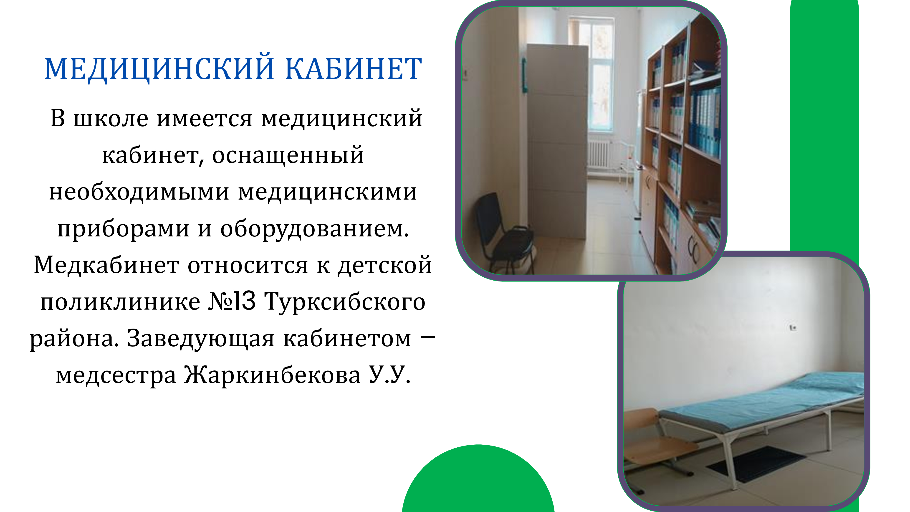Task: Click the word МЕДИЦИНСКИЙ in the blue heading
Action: point(159,68)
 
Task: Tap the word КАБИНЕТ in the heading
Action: point(353,68)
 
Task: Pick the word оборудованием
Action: point(314,229)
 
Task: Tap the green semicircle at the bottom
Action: point(478,479)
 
